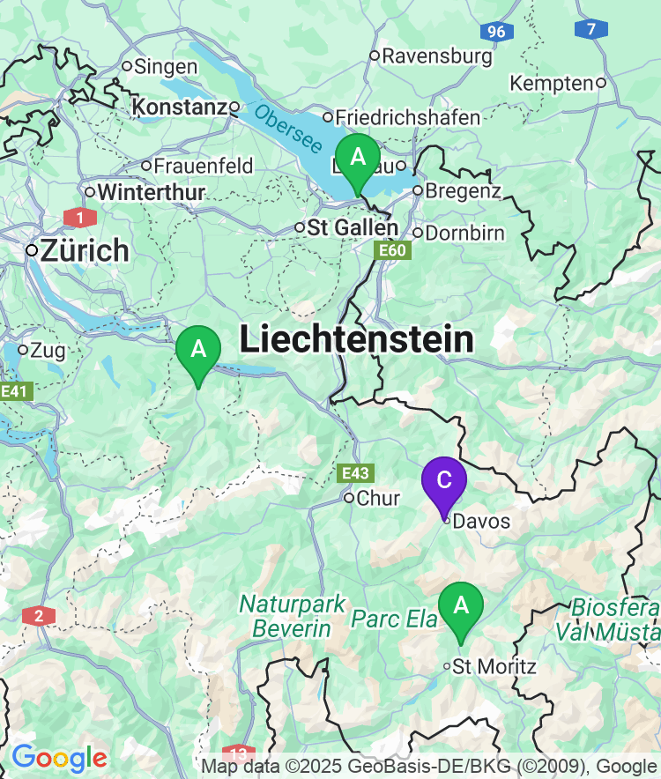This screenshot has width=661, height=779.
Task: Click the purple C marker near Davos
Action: click(x=444, y=480)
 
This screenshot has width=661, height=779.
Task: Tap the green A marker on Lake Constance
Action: click(x=358, y=158)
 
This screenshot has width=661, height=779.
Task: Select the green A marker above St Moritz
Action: click(x=461, y=605)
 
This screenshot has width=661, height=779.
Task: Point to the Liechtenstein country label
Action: click(x=357, y=339)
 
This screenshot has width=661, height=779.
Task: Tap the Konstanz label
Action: click(x=179, y=108)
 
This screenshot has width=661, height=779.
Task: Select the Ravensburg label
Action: click(x=436, y=56)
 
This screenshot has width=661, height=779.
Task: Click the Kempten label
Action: click(x=552, y=83)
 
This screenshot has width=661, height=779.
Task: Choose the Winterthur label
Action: click(x=151, y=191)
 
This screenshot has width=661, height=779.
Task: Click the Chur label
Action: click(x=378, y=498)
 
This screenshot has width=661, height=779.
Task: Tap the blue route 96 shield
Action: click(x=497, y=32)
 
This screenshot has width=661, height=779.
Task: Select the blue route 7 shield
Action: click(x=590, y=29)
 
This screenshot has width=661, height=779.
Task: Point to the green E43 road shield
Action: click(x=356, y=473)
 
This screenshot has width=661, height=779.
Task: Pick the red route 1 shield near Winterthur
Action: click(x=80, y=217)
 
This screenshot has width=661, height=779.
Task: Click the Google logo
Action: click(x=59, y=757)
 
